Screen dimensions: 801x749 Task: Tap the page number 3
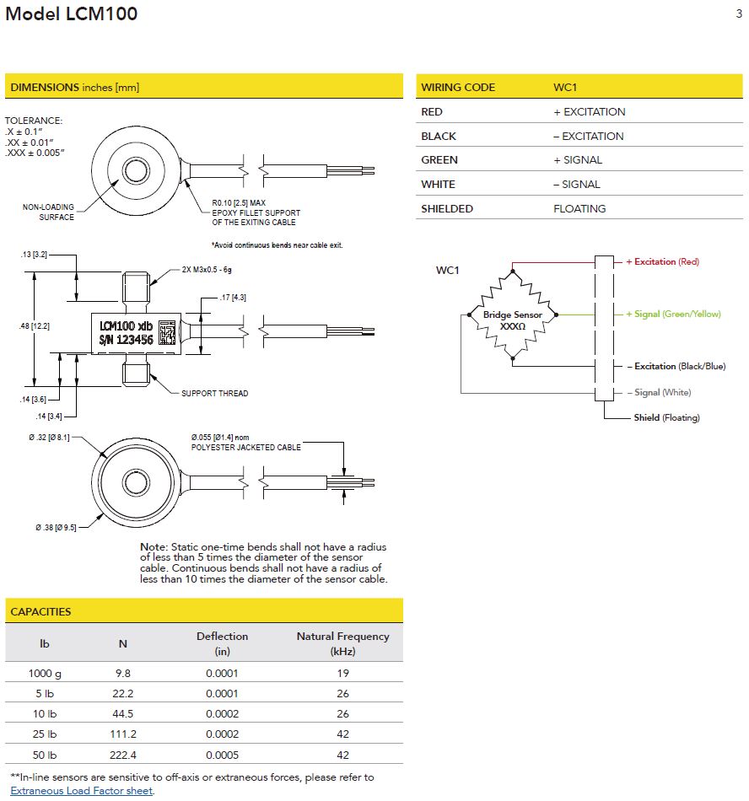[x=739, y=13]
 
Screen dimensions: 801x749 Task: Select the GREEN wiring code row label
[x=439, y=160]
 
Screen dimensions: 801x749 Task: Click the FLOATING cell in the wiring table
[x=579, y=208]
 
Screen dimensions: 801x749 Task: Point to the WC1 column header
[x=565, y=88]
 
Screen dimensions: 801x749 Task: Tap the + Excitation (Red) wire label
[x=662, y=262]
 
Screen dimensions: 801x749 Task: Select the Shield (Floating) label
[x=666, y=417]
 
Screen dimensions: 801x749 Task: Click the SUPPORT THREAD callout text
[x=215, y=394]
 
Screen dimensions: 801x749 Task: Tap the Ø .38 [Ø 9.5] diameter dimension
[x=56, y=527]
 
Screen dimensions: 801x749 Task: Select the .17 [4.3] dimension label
[x=232, y=297]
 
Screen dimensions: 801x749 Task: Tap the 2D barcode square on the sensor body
[x=166, y=331]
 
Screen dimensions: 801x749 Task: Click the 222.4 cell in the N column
[x=122, y=755]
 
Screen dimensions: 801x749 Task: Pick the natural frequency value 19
[x=342, y=673]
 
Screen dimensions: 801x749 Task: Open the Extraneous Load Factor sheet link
[x=82, y=791]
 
